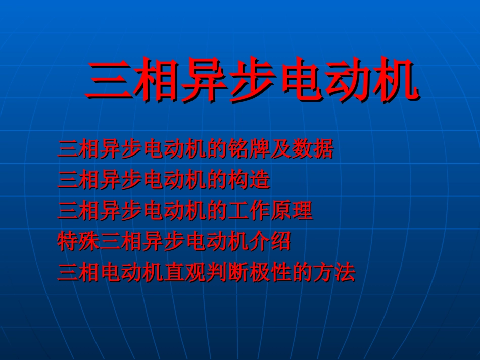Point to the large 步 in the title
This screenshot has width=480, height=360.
(252, 81)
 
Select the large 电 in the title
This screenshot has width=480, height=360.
(300, 81)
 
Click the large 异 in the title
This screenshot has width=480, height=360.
(204, 81)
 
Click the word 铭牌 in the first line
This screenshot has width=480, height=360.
(237, 150)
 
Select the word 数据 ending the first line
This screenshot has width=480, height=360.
(312, 150)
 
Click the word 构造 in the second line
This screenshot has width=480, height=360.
(249, 181)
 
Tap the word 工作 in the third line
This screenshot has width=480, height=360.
(249, 211)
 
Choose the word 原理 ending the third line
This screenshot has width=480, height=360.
(292, 211)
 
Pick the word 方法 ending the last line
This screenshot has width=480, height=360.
(334, 273)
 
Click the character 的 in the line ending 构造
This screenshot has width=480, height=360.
(217, 181)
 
